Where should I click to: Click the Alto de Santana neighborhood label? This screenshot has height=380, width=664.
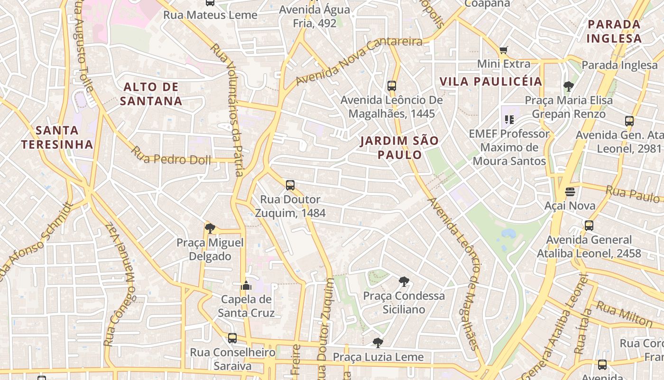coord(151,94)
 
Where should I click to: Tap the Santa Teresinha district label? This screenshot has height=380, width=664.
coord(57,137)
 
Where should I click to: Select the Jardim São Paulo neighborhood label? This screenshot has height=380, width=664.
coord(399,148)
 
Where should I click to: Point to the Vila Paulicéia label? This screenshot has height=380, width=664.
coord(490,81)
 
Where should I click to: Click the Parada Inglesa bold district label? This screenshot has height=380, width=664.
coord(614,31)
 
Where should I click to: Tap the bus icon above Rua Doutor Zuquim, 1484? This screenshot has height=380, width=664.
coord(290,185)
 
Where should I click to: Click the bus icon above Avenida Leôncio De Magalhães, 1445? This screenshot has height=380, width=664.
coord(392,86)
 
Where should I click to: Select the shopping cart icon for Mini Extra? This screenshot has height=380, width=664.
coord(503,50)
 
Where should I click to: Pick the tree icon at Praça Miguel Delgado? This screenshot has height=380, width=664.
coord(210,228)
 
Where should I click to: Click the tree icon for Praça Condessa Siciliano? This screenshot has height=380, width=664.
coord(404,282)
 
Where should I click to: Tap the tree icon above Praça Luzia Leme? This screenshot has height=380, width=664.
coord(378,342)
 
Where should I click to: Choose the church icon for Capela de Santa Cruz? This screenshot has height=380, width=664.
coord(246,285)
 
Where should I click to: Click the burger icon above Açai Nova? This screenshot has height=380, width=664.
coord(570,192)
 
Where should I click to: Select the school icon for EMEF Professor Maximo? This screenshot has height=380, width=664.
coord(509,119)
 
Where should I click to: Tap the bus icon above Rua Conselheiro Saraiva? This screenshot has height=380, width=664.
coord(232,338)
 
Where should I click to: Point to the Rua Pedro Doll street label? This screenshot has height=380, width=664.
coord(171,156)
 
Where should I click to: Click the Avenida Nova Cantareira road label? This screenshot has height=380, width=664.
coord(359,61)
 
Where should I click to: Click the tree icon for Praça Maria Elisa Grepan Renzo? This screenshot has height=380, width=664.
coord(568,86)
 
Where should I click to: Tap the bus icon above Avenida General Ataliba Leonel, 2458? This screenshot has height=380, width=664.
coord(589,226)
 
